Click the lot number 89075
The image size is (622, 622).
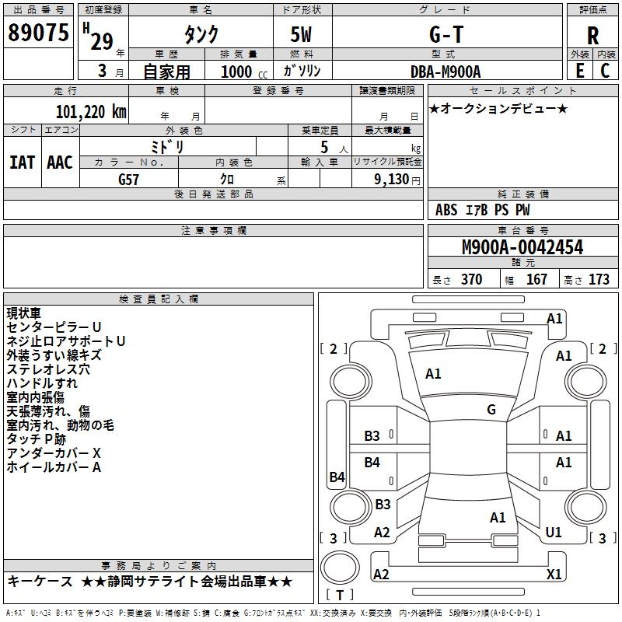[x=39, y=33]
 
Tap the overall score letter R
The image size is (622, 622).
[x=592, y=36]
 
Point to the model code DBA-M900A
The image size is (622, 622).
[x=446, y=71]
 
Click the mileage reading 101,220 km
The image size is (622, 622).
[x=91, y=111]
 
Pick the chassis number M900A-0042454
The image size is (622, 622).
[x=522, y=247]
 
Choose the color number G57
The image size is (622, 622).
[x=129, y=179]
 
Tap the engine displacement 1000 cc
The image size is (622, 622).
[x=241, y=72]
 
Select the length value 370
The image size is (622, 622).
[x=471, y=280]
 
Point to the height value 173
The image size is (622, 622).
[x=599, y=280]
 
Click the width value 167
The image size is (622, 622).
[x=536, y=280]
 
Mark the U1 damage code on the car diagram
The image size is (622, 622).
[x=554, y=533]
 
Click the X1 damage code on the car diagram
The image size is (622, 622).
[x=554, y=574]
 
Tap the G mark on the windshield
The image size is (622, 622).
[x=491, y=410]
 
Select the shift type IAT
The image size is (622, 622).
[x=22, y=162]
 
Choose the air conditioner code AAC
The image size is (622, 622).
[x=59, y=162]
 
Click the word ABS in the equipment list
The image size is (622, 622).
[x=446, y=210]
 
